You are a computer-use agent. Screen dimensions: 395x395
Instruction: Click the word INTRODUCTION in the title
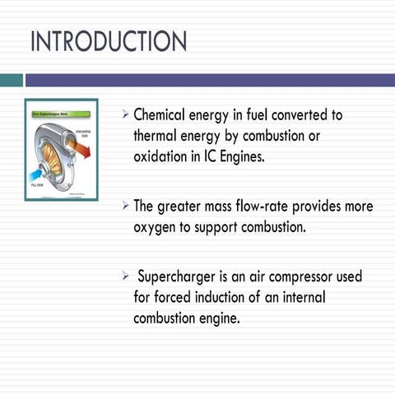pyautogui.click(x=109, y=41)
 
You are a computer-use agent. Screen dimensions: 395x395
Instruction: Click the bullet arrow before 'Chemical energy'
pyautogui.click(x=124, y=114)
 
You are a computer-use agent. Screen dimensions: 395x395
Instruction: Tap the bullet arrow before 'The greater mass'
pyautogui.click(x=124, y=206)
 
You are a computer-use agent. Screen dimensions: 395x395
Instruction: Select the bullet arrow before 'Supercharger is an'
pyautogui.click(x=124, y=276)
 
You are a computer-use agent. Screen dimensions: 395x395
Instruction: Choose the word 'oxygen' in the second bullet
pyautogui.click(x=156, y=227)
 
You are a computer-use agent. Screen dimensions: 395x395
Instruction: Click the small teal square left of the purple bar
pyautogui.click(x=11, y=80)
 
